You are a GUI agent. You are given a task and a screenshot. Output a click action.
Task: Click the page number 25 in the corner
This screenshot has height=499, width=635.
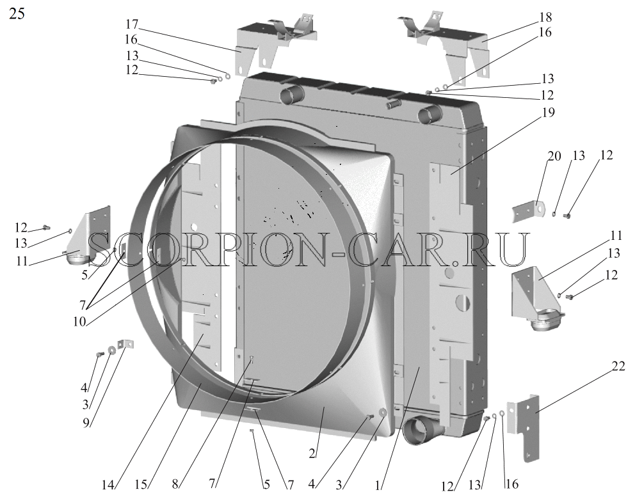(17, 13)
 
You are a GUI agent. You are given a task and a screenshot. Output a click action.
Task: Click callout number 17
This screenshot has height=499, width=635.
(132, 25)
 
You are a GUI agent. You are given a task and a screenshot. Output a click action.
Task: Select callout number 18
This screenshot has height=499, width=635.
(545, 17)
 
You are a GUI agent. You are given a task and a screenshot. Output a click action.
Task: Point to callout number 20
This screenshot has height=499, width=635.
(554, 156)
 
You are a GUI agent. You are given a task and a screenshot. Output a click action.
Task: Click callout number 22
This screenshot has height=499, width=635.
(618, 366)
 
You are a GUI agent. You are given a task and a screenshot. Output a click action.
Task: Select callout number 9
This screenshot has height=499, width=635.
(86, 422)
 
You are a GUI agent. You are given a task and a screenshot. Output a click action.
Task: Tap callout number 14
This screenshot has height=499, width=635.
(108, 485)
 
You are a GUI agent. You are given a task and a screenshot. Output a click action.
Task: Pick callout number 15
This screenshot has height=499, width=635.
(141, 485)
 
